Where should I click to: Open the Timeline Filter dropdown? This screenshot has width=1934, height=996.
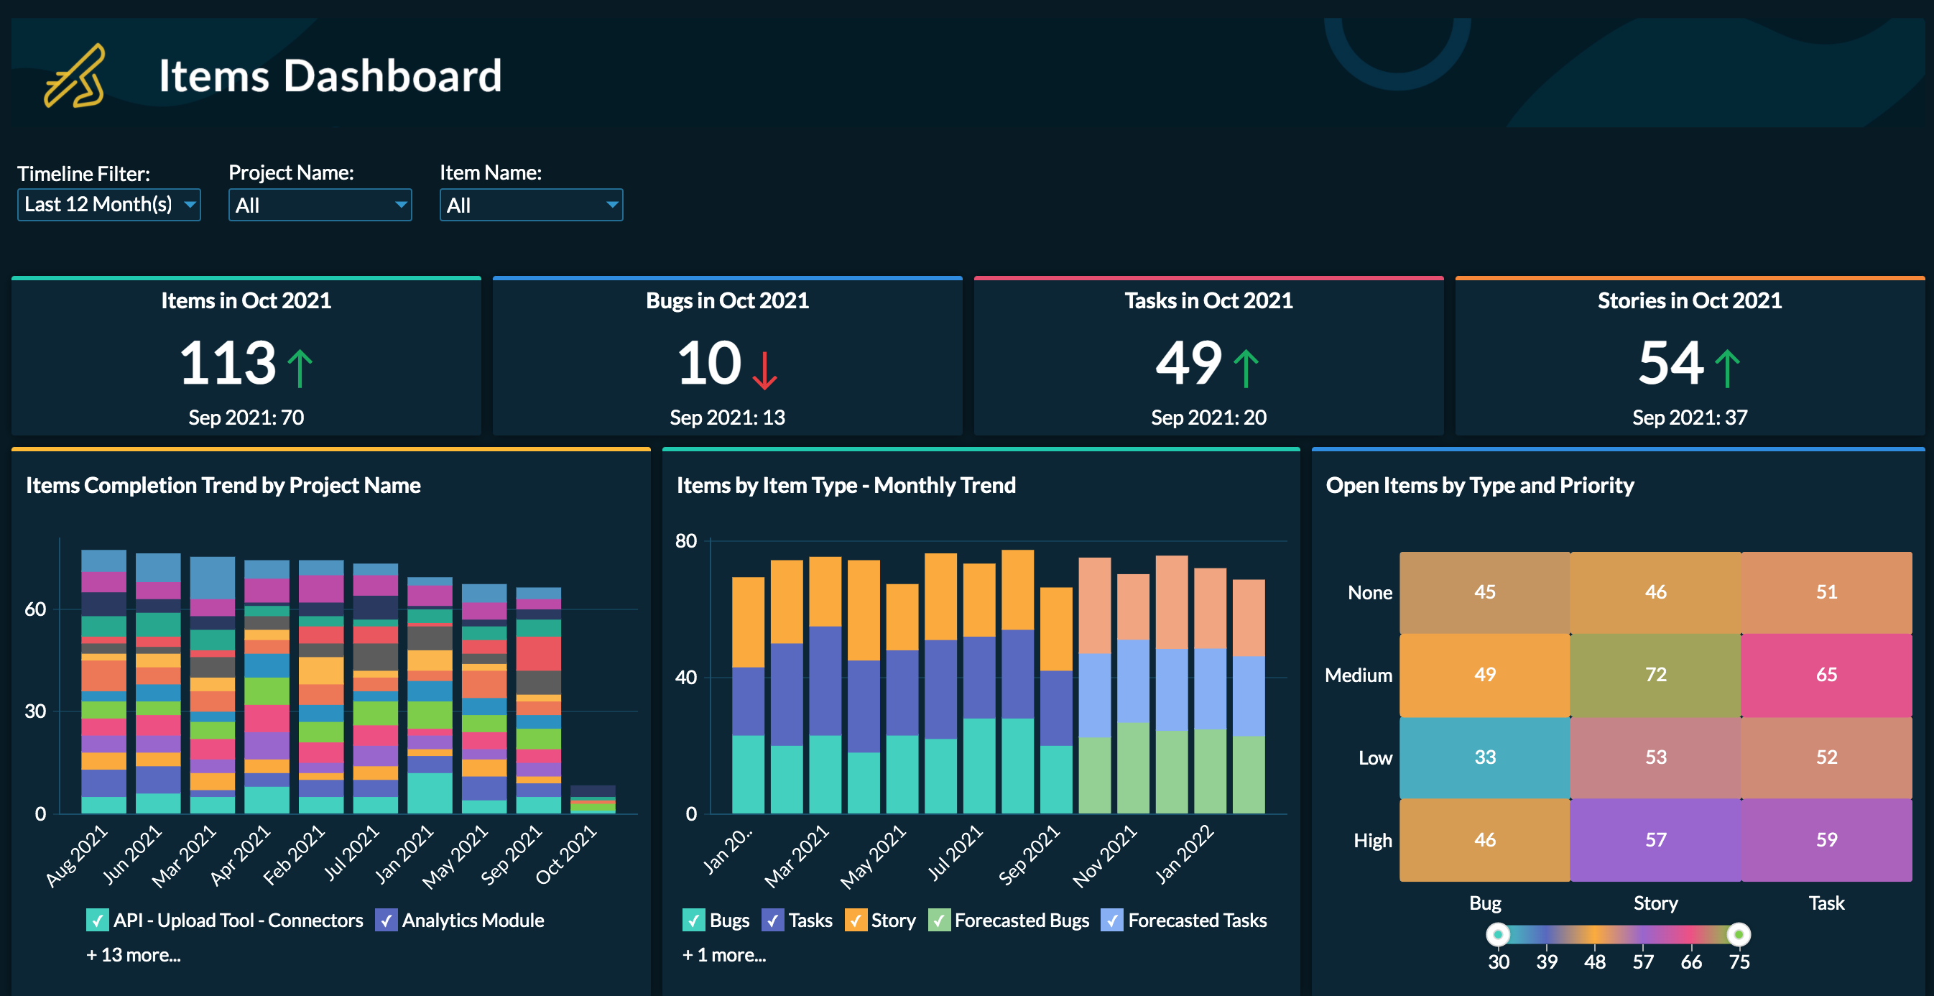coord(109,204)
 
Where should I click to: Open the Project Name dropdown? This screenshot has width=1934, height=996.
coord(320,205)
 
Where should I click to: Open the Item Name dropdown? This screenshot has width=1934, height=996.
coord(531,205)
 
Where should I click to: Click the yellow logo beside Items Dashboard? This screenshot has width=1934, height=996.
coord(73,77)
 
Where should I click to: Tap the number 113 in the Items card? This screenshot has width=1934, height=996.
coord(228,364)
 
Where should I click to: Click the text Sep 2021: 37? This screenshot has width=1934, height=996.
coord(1689,418)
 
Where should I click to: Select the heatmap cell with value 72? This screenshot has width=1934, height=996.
coord(1655,675)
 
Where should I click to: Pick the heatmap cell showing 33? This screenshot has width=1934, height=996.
coord(1484,757)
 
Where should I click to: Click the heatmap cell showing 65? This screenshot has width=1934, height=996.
coord(1826,675)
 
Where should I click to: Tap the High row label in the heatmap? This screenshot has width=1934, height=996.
coord(1371,841)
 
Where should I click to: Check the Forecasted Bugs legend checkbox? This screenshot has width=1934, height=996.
coord(938,920)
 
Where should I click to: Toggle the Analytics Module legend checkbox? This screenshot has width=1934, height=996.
coord(386,920)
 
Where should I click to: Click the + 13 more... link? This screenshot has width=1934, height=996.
coord(133,955)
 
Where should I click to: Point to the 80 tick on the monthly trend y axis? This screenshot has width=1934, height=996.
coord(685,541)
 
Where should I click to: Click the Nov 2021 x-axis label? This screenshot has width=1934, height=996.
coord(1104,857)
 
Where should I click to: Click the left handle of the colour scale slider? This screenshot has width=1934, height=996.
coord(1498,934)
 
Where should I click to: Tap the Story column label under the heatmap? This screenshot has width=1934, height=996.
coord(1655,903)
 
